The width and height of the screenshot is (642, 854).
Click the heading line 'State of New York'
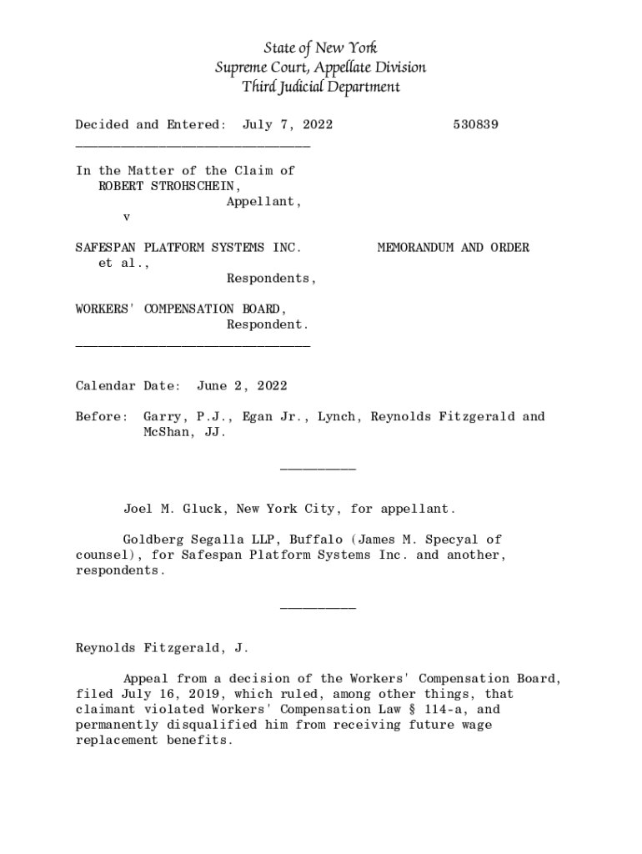point(320,48)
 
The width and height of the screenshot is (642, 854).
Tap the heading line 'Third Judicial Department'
point(320,86)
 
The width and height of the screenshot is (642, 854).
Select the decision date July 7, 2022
point(288,125)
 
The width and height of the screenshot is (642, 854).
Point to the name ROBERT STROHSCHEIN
point(167,186)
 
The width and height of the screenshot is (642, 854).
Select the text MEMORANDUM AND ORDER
point(453,248)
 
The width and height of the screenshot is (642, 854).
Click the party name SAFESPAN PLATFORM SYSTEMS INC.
point(188,248)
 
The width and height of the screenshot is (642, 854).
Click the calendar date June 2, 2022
point(242,386)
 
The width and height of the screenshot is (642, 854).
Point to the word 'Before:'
point(102,417)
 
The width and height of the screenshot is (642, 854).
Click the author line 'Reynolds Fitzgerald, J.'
point(162,647)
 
